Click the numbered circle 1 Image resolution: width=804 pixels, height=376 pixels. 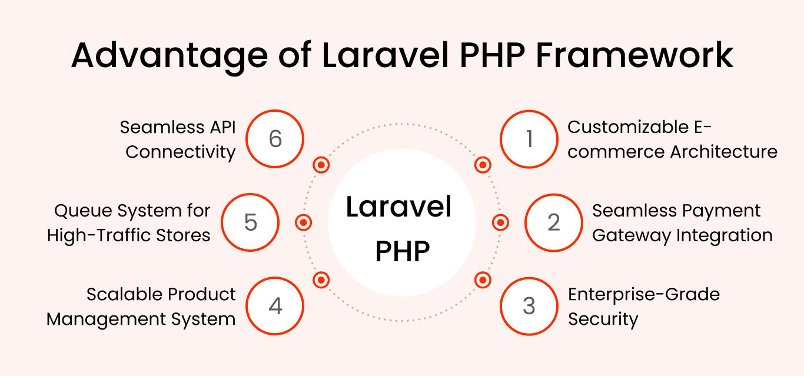tap(529, 139)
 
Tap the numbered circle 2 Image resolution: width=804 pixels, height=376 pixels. tap(553, 222)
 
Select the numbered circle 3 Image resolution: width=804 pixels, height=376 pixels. tap(529, 306)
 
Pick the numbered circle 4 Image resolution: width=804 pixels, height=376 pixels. tap(275, 306)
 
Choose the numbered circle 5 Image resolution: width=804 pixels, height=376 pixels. tap(250, 222)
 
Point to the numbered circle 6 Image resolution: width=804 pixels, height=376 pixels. tap(275, 139)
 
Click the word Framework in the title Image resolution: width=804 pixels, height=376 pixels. tap(634, 55)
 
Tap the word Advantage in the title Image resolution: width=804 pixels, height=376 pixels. tap(170, 58)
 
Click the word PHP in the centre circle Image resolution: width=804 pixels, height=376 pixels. tap(403, 251)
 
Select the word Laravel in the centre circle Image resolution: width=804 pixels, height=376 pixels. tap(398, 207)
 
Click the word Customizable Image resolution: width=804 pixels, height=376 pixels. tap(628, 127)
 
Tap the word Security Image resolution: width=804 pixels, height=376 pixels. tap(603, 319)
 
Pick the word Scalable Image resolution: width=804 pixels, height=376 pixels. tap(125, 294)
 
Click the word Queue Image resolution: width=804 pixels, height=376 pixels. tap(83, 211)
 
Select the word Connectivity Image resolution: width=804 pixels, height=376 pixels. tap(181, 152)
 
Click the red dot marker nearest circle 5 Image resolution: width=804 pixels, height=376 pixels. tap(303, 222)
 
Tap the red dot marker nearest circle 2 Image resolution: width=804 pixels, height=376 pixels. tap(500, 222)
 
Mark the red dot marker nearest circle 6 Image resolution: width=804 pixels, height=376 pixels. tap(321, 165)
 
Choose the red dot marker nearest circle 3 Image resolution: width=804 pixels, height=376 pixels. tap(483, 280)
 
